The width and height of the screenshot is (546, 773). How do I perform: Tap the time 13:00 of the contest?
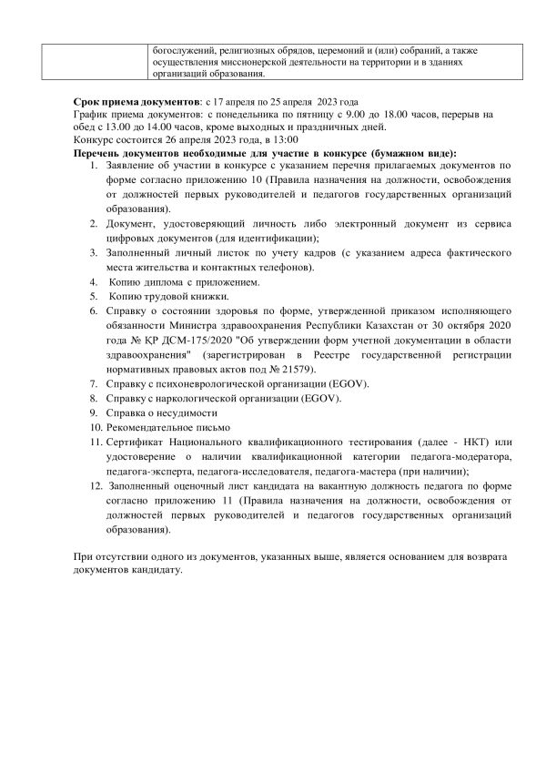283,140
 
